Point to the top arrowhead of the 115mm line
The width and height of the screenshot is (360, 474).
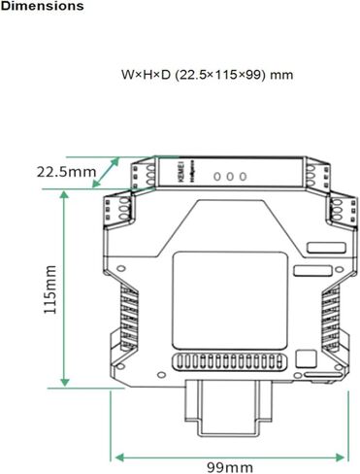point(65,192)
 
